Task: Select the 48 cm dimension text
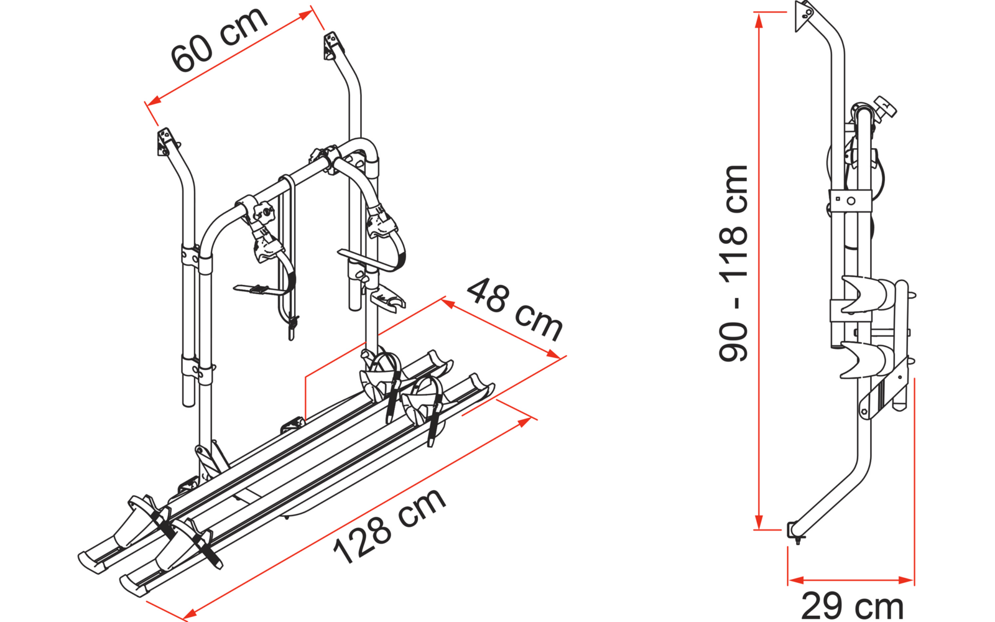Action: pyautogui.click(x=514, y=309)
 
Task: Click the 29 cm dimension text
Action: pyautogui.click(x=852, y=605)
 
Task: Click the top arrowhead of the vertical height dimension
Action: pyautogui.click(x=758, y=18)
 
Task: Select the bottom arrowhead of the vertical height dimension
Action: pyautogui.click(x=758, y=524)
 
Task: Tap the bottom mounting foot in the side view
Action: pyautogui.click(x=795, y=532)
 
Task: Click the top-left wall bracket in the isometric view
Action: pyautogui.click(x=165, y=142)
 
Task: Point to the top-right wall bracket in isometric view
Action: pyautogui.click(x=331, y=46)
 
